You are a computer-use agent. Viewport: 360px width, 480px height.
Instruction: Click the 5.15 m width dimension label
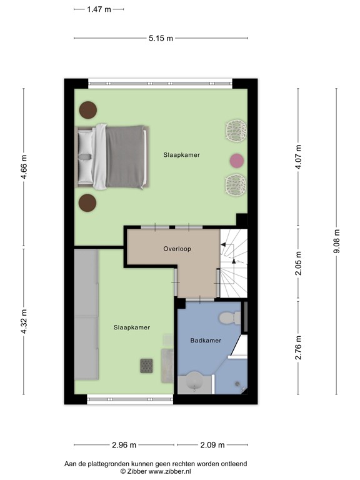coord(161,38)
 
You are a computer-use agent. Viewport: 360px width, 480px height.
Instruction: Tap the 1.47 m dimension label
coord(99,9)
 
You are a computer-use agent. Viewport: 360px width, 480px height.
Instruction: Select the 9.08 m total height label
coord(337,242)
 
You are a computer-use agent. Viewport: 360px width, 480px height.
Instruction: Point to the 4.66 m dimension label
coord(24,167)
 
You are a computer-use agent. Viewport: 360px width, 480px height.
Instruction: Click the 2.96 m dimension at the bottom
coord(124,446)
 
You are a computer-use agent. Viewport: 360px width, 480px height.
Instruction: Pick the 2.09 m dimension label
coord(212,446)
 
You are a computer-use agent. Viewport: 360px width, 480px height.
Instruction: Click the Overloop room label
coord(177,248)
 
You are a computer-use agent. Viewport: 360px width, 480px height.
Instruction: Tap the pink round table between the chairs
coord(236,161)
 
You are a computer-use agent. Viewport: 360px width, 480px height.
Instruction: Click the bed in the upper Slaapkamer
coord(113,156)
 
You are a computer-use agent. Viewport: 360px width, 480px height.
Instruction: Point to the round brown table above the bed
coord(87,111)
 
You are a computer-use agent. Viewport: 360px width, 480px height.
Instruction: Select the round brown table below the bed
coord(87,202)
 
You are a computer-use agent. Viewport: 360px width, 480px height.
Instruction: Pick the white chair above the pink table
coord(234,131)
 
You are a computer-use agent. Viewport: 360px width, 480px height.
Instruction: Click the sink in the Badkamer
coord(194,381)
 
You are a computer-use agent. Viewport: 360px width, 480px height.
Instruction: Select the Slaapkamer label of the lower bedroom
coord(131,327)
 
